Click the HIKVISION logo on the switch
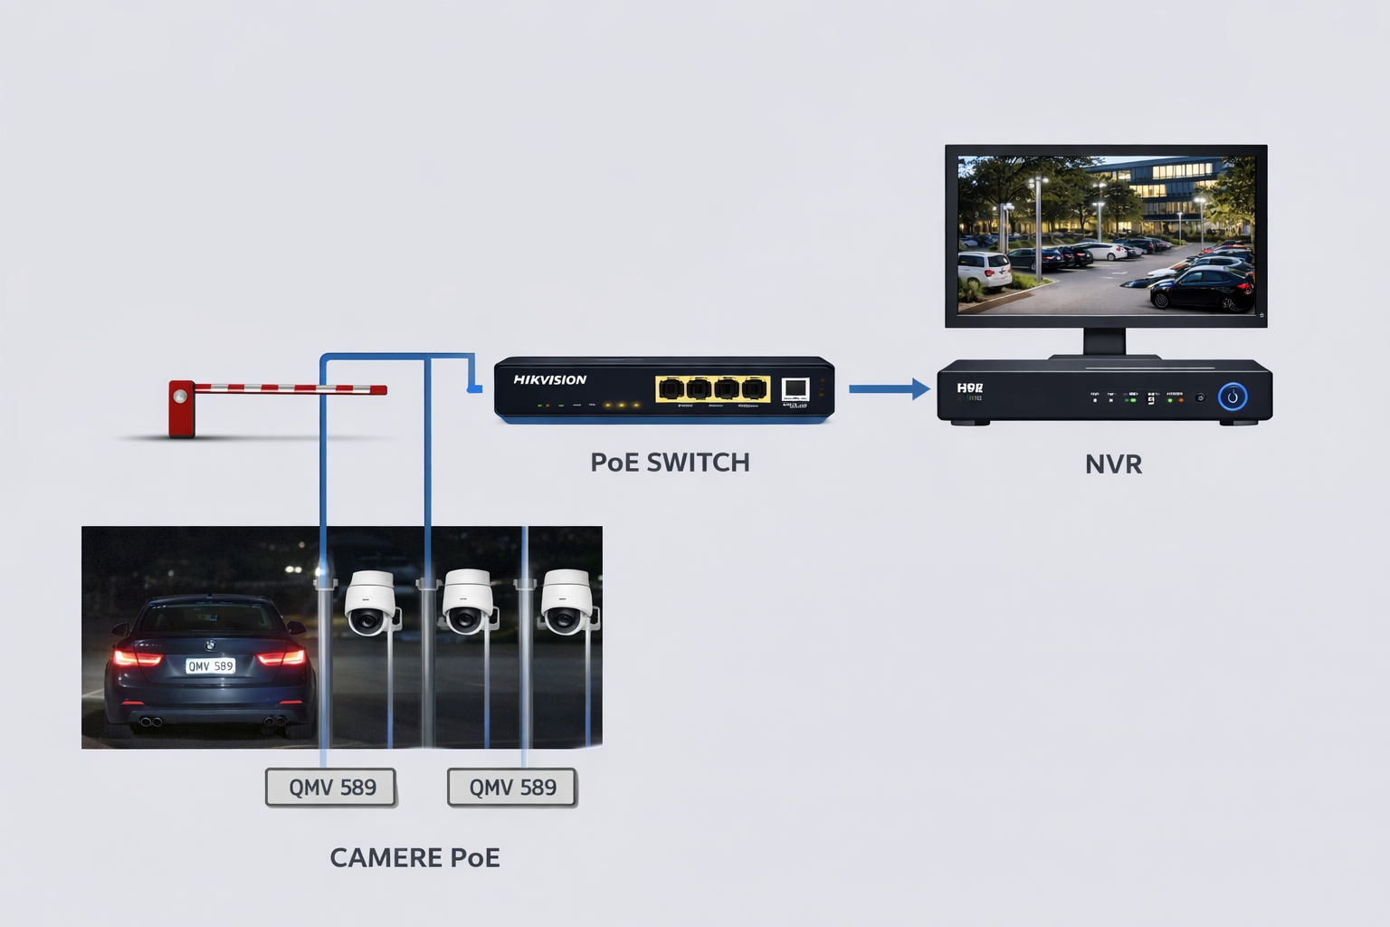point(549,380)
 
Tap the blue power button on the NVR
point(1232,397)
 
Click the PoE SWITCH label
point(670,463)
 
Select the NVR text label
point(1113,464)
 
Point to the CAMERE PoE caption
point(414,857)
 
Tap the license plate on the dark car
point(210,666)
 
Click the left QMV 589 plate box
point(332,788)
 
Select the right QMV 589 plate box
point(512,788)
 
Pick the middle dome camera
point(467,602)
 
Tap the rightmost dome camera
point(566,602)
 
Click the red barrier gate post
point(181,408)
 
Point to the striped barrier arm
point(290,388)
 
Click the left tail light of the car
point(137,657)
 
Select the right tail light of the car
point(281,656)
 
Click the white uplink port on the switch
point(795,389)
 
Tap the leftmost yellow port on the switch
point(671,389)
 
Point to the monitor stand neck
point(1104,341)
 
